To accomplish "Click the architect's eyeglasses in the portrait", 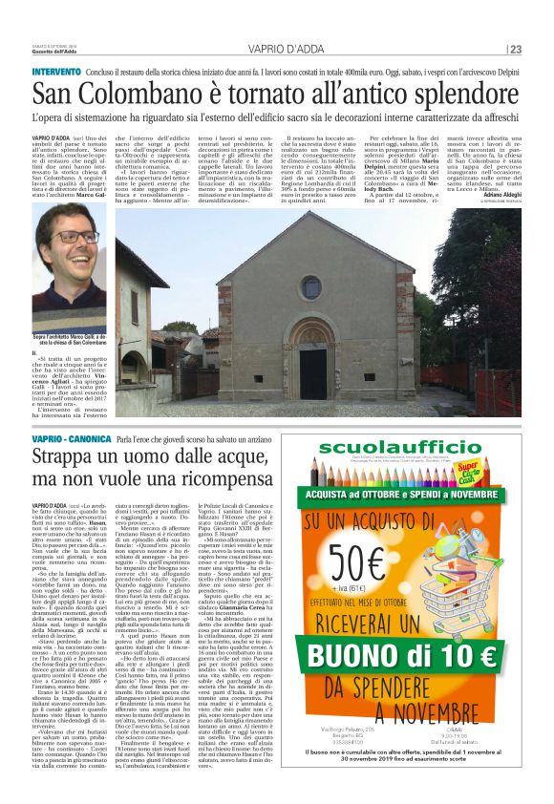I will (75, 237).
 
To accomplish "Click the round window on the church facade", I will (311, 286).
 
